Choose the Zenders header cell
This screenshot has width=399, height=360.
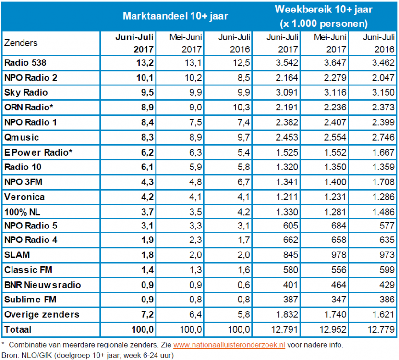pos(21,43)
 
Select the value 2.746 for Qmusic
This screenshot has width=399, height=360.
pos(382,137)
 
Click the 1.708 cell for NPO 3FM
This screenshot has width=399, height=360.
pos(382,182)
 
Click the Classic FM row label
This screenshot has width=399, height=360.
pos(24,270)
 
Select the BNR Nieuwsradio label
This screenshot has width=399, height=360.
pos(36,285)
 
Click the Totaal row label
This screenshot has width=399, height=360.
pos(17,330)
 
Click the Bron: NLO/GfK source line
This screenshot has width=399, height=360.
pos(86,355)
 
